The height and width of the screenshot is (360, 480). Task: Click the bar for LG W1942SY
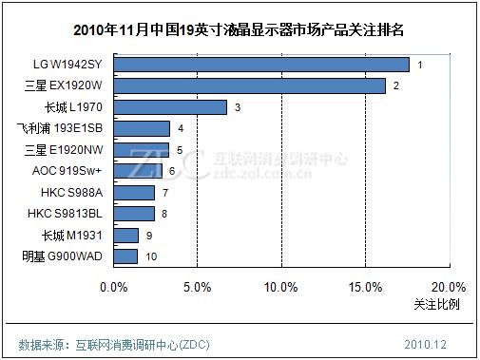pyautogui.click(x=261, y=65)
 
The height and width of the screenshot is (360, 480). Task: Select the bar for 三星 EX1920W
pyautogui.click(x=249, y=86)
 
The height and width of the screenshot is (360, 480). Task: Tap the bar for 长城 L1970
pyautogui.click(x=170, y=107)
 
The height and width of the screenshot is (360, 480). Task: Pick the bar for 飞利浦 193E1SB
pyautogui.click(x=142, y=128)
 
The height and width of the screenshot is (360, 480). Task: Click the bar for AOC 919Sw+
pyautogui.click(x=138, y=171)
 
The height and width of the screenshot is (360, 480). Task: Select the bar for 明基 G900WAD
pyautogui.click(x=125, y=256)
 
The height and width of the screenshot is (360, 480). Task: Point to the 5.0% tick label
pyautogui.click(x=196, y=287)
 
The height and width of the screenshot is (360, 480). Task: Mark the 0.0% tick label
pyautogui.click(x=114, y=287)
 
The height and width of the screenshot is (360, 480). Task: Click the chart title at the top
pyautogui.click(x=240, y=28)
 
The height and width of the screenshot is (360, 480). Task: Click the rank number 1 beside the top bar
pyautogui.click(x=419, y=65)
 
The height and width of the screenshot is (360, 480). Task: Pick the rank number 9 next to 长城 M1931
pyautogui.click(x=149, y=235)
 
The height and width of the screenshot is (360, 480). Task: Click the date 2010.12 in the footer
pyautogui.click(x=424, y=343)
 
